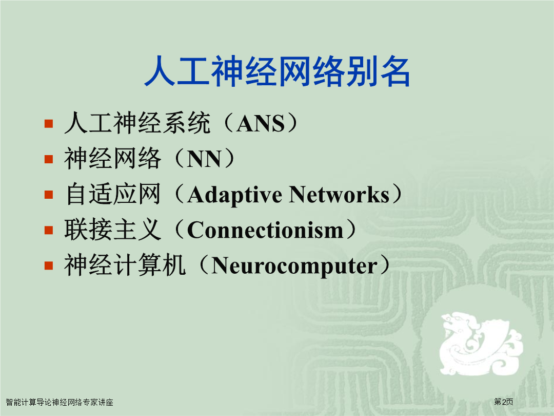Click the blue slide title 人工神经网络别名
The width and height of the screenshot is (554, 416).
click(278, 71)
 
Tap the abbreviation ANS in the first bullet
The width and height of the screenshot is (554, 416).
click(261, 123)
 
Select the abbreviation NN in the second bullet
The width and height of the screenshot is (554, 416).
click(204, 159)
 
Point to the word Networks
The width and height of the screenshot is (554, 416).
click(340, 195)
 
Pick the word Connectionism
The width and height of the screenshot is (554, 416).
click(265, 230)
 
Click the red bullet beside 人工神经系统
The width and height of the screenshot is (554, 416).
click(49, 123)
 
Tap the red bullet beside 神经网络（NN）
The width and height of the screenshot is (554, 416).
click(49, 159)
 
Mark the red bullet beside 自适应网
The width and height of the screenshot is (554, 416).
click(49, 195)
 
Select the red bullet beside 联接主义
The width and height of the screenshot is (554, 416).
click(49, 230)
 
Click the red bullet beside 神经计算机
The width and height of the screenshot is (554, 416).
click(49, 266)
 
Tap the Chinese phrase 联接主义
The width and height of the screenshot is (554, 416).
click(113, 230)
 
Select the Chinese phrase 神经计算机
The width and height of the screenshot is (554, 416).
click(125, 265)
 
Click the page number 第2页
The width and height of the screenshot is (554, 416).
click(504, 402)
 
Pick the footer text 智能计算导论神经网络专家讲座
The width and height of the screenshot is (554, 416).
click(60, 402)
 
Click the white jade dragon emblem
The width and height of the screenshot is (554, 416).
click(481, 343)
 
